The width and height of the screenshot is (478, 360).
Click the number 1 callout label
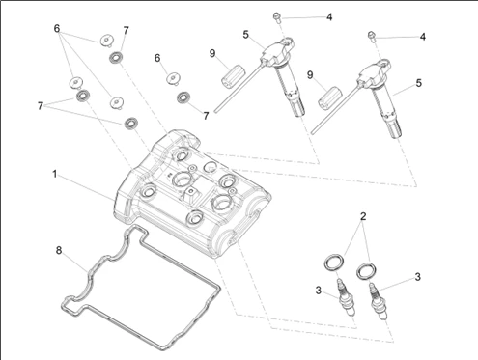click(x=55, y=174)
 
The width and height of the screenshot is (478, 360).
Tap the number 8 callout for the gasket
click(x=59, y=250)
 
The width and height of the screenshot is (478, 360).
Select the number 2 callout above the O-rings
click(x=363, y=216)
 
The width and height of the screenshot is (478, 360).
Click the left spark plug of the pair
click(x=346, y=297)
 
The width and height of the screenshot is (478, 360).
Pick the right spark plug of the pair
click(x=378, y=301)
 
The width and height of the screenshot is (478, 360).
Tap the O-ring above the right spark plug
click(x=366, y=270)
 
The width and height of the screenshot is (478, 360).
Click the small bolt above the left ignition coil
click(x=277, y=17)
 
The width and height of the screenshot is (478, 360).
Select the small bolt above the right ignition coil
click(x=372, y=37)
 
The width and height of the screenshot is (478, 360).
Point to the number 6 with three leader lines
click(x=57, y=29)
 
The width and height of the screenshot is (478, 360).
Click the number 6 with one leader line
click(x=157, y=58)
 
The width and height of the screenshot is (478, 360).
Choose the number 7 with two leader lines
click(x=41, y=106)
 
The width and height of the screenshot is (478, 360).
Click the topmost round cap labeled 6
click(x=106, y=41)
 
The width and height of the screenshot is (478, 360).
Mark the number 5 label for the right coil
click(x=418, y=83)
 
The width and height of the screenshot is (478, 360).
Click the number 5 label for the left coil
click(x=246, y=35)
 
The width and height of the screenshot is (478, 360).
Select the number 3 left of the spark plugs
click(x=319, y=291)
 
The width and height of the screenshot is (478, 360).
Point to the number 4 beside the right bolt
click(x=423, y=37)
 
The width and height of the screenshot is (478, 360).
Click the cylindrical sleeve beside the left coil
click(x=233, y=74)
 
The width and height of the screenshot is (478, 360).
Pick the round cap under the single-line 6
click(x=174, y=78)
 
